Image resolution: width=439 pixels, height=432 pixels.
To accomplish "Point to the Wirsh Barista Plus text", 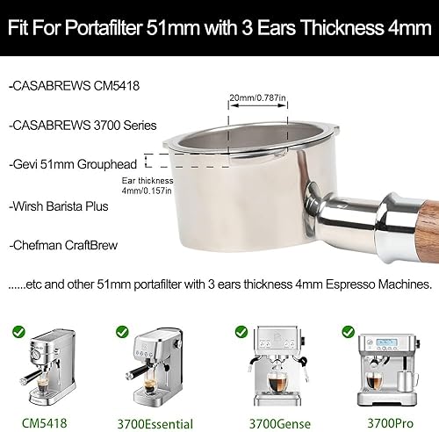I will [59, 208].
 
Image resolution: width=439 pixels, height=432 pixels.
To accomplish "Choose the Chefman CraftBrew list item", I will [62, 245].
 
